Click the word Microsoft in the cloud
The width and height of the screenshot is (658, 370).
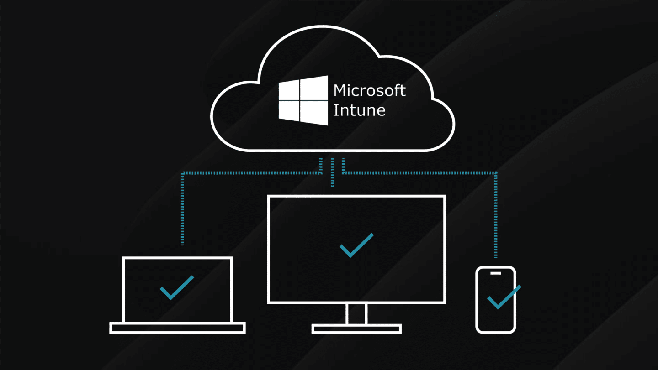pyautogui.click(x=369, y=90)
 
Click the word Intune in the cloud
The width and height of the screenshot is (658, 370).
pyautogui.click(x=359, y=110)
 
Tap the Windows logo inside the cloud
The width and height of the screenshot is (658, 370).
pyautogui.click(x=303, y=100)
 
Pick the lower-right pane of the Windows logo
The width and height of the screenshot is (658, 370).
pyautogui.click(x=314, y=112)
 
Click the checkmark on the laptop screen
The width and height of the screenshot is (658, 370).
pyautogui.click(x=176, y=288)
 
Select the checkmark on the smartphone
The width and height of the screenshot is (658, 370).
pyautogui.click(x=503, y=298)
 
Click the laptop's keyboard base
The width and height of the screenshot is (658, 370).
pyautogui.click(x=177, y=328)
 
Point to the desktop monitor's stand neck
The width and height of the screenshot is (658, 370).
pyautogui.click(x=356, y=314)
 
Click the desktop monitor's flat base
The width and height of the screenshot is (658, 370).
pyautogui.click(x=356, y=328)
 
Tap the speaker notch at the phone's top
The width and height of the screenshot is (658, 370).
pyautogui.click(x=496, y=273)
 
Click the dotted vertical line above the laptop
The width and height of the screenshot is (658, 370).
pyautogui.click(x=183, y=210)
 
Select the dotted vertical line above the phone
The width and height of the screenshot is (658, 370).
pyautogui.click(x=496, y=214)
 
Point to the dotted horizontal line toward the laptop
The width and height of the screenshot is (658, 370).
pyautogui.click(x=251, y=173)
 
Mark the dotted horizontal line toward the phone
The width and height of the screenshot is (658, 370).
pyautogui.click(x=420, y=173)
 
